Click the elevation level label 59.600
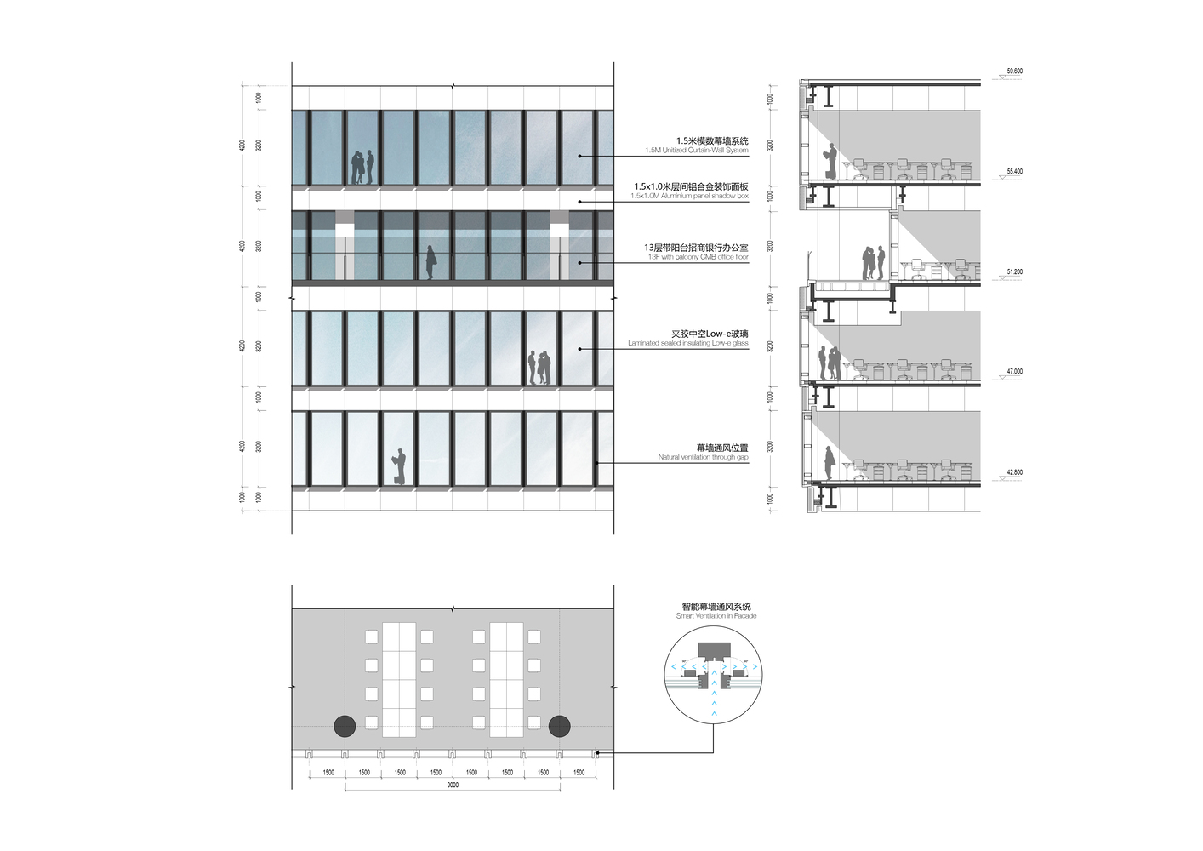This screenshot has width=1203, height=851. [1014, 71]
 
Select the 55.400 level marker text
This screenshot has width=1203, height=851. [1014, 172]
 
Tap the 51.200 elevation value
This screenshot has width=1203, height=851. [1014, 272]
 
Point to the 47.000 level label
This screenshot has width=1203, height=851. [1014, 372]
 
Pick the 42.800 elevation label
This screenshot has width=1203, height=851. [1014, 472]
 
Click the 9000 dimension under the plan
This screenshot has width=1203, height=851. [453, 785]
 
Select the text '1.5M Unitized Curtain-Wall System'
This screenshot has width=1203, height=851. [696, 151]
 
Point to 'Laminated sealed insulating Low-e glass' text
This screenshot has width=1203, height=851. [688, 344]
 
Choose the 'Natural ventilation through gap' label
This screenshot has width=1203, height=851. [703, 458]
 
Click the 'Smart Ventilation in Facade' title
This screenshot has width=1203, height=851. [716, 616]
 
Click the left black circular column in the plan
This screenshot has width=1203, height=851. [345, 726]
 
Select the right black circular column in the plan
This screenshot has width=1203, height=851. [559, 726]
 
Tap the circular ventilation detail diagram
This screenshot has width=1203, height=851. [714, 673]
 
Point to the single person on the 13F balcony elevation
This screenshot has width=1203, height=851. [430, 263]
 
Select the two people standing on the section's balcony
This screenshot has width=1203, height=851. [870, 264]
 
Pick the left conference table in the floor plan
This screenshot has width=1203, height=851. [399, 680]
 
